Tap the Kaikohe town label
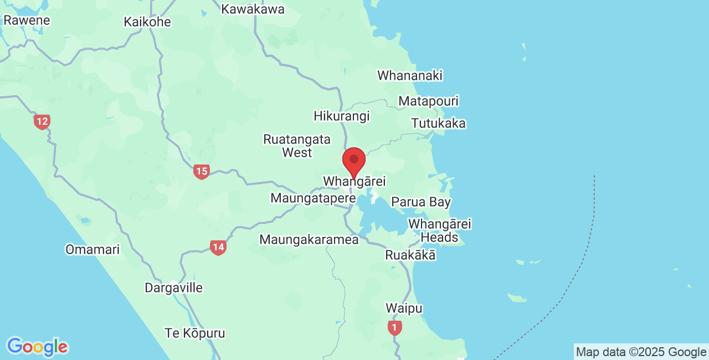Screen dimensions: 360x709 click(x=147, y=22)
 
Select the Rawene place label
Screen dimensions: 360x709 click(x=26, y=20)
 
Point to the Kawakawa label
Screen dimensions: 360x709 click(x=253, y=9)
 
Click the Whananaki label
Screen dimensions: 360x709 click(x=410, y=75)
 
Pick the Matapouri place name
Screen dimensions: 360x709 click(x=428, y=101)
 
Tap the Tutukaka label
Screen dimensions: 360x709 click(x=438, y=123)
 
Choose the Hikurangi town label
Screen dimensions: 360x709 click(x=341, y=116)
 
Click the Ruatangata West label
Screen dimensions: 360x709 click(x=297, y=146)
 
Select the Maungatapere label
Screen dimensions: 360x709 click(x=313, y=198)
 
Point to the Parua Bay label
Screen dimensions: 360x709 click(x=421, y=202)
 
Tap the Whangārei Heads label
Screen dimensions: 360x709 click(x=439, y=231)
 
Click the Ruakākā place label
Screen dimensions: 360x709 click(x=410, y=255)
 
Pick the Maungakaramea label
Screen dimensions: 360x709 click(x=309, y=240)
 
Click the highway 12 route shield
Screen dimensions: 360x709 click(x=42, y=122)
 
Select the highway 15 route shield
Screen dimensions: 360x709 click(x=202, y=172)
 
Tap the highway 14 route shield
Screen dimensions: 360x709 click(x=218, y=247)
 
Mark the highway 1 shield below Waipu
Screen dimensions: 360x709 click(x=394, y=328)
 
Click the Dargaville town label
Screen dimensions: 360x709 click(x=173, y=288)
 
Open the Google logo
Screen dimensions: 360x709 click(x=37, y=347)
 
